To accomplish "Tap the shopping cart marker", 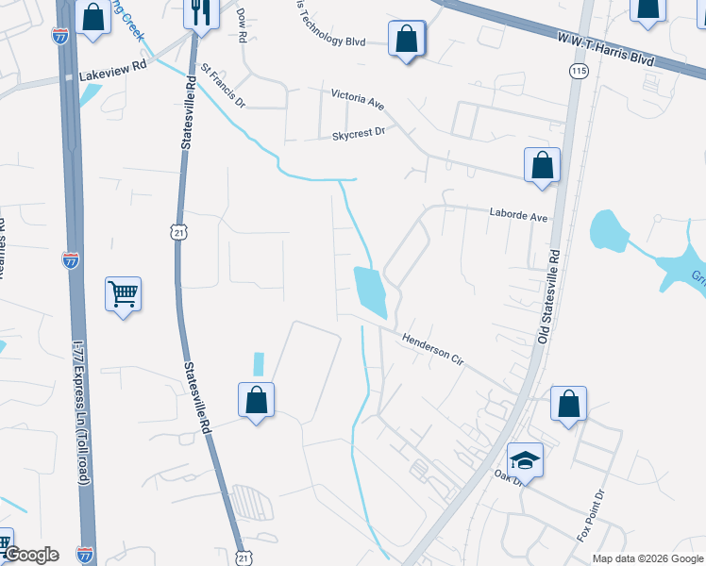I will pos(124,295).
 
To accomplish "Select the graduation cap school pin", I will pos(525,461).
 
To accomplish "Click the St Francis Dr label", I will pos(222,86).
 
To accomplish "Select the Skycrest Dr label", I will pos(359,134).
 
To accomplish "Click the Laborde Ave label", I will pos(518,216).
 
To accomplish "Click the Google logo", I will pos(30,555).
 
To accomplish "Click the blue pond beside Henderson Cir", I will pos(370,291).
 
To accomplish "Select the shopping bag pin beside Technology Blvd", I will pos(407,41).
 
